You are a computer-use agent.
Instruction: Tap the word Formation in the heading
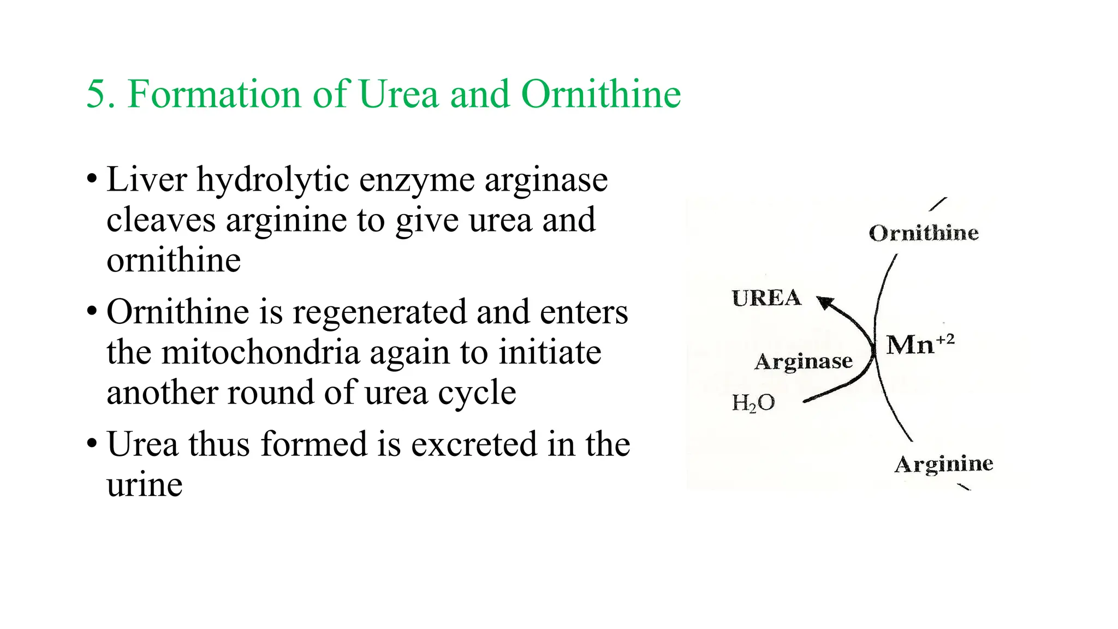pos(214,94)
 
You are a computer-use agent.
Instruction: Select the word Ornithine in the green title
pos(601,94)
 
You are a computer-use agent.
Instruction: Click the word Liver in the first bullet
pos(147,180)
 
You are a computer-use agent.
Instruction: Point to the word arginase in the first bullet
pos(546,181)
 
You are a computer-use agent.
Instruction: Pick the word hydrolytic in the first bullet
pos(273,181)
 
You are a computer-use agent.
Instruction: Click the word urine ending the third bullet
pos(145,485)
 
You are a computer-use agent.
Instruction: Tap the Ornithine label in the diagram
pos(924,233)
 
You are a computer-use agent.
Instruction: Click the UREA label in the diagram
pos(766,298)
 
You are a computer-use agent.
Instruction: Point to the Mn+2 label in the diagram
pos(920,345)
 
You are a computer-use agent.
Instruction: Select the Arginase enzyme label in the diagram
pos(804,361)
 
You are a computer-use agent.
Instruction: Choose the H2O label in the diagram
pos(753,403)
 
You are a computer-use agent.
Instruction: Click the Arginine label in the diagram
pos(944,464)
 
